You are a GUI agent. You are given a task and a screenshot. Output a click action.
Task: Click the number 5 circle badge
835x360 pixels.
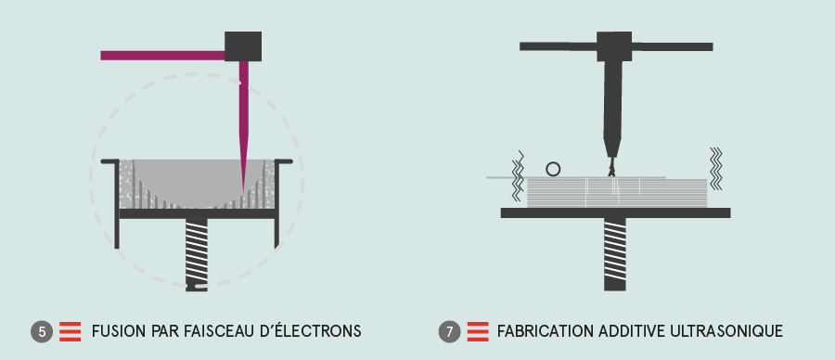tap(42, 332)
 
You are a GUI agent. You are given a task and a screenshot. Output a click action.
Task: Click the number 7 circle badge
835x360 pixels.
tap(449, 332)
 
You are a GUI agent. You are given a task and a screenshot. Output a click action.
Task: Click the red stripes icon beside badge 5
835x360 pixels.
tap(70, 332)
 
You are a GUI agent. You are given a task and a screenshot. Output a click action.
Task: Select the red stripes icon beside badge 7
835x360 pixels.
tap(478, 332)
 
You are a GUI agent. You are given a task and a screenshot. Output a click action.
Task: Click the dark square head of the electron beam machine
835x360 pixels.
tap(243, 46)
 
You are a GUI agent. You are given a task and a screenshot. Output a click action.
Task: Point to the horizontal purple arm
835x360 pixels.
tap(162, 56)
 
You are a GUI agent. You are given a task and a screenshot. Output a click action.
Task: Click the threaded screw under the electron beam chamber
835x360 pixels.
tap(197, 254)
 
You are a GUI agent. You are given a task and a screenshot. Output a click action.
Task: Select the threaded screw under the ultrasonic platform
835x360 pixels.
tap(614, 254)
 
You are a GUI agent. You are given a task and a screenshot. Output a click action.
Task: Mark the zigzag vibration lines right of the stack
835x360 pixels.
tap(716, 168)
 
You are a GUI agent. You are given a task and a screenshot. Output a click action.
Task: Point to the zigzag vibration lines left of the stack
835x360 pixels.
tap(518, 175)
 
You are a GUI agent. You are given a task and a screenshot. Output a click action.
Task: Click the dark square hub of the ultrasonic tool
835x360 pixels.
tap(614, 46)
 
